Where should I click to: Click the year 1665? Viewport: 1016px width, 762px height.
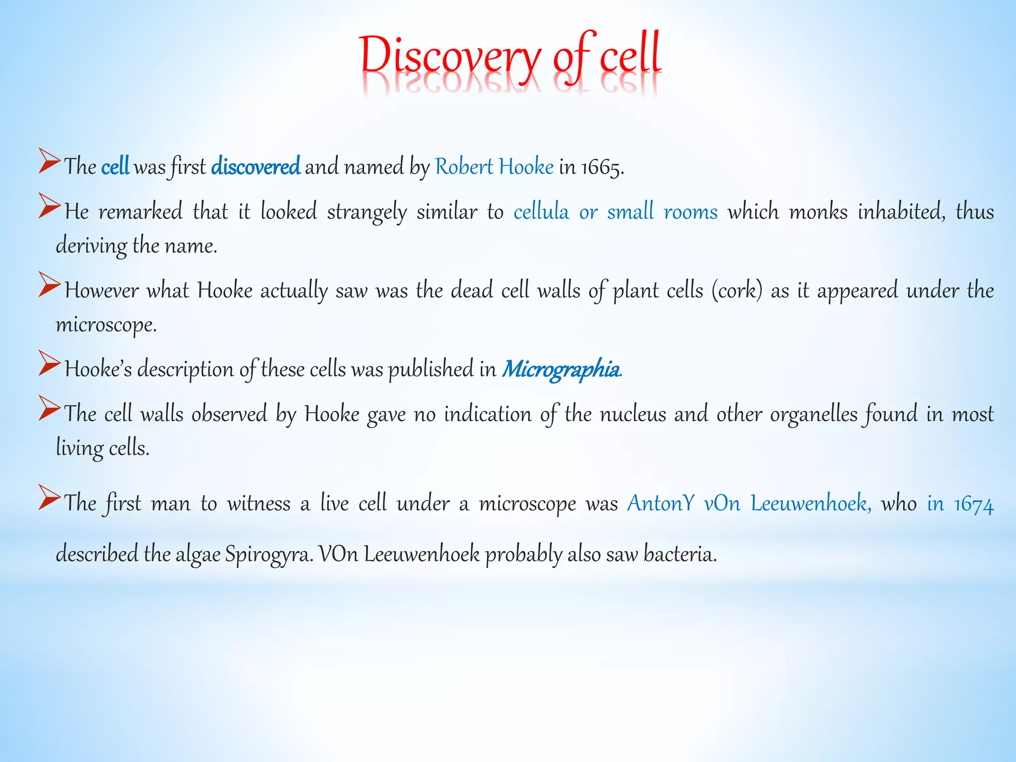pyautogui.click(x=602, y=167)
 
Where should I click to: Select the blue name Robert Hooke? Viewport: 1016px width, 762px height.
pyautogui.click(x=494, y=167)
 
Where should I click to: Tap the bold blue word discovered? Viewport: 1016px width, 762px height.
pyautogui.click(x=255, y=167)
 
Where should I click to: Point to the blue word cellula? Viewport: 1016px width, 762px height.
pyautogui.click(x=541, y=212)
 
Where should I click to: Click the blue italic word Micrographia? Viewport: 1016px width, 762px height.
pyautogui.click(x=561, y=369)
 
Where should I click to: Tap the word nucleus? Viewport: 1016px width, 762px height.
pyautogui.click(x=633, y=414)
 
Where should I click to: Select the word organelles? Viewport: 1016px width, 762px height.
pyautogui.click(x=814, y=414)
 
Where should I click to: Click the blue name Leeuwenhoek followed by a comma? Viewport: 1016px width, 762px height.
pyautogui.click(x=811, y=504)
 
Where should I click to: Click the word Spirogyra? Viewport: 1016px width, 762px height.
pyautogui.click(x=269, y=554)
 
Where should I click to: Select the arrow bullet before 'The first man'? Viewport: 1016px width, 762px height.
pyautogui.click(x=49, y=498)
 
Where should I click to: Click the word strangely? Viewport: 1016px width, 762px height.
pyautogui.click(x=367, y=212)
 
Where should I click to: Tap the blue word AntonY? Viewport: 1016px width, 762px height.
pyautogui.click(x=661, y=504)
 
